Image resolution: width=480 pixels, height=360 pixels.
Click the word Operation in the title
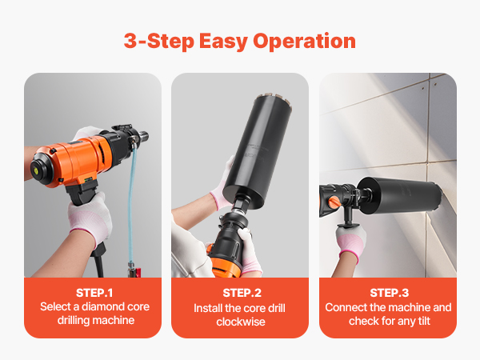tap(304, 42)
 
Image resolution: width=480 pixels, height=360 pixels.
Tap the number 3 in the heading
tap(130, 41)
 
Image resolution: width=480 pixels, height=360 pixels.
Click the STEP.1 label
tap(94, 293)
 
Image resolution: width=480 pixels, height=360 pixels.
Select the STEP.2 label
tap(242, 293)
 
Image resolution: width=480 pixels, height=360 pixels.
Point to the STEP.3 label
tap(389, 293)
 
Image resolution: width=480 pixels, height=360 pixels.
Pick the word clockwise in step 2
tap(241, 322)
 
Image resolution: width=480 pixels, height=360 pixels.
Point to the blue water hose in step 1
tap(132, 202)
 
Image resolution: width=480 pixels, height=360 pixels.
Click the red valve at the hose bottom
tap(138, 272)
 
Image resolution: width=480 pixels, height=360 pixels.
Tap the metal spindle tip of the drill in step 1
tap(144, 136)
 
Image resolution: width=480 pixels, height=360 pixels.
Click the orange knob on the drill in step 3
tap(334, 202)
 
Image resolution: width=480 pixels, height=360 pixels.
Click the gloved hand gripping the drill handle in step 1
tap(90, 218)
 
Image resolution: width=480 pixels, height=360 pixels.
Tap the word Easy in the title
tap(223, 42)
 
